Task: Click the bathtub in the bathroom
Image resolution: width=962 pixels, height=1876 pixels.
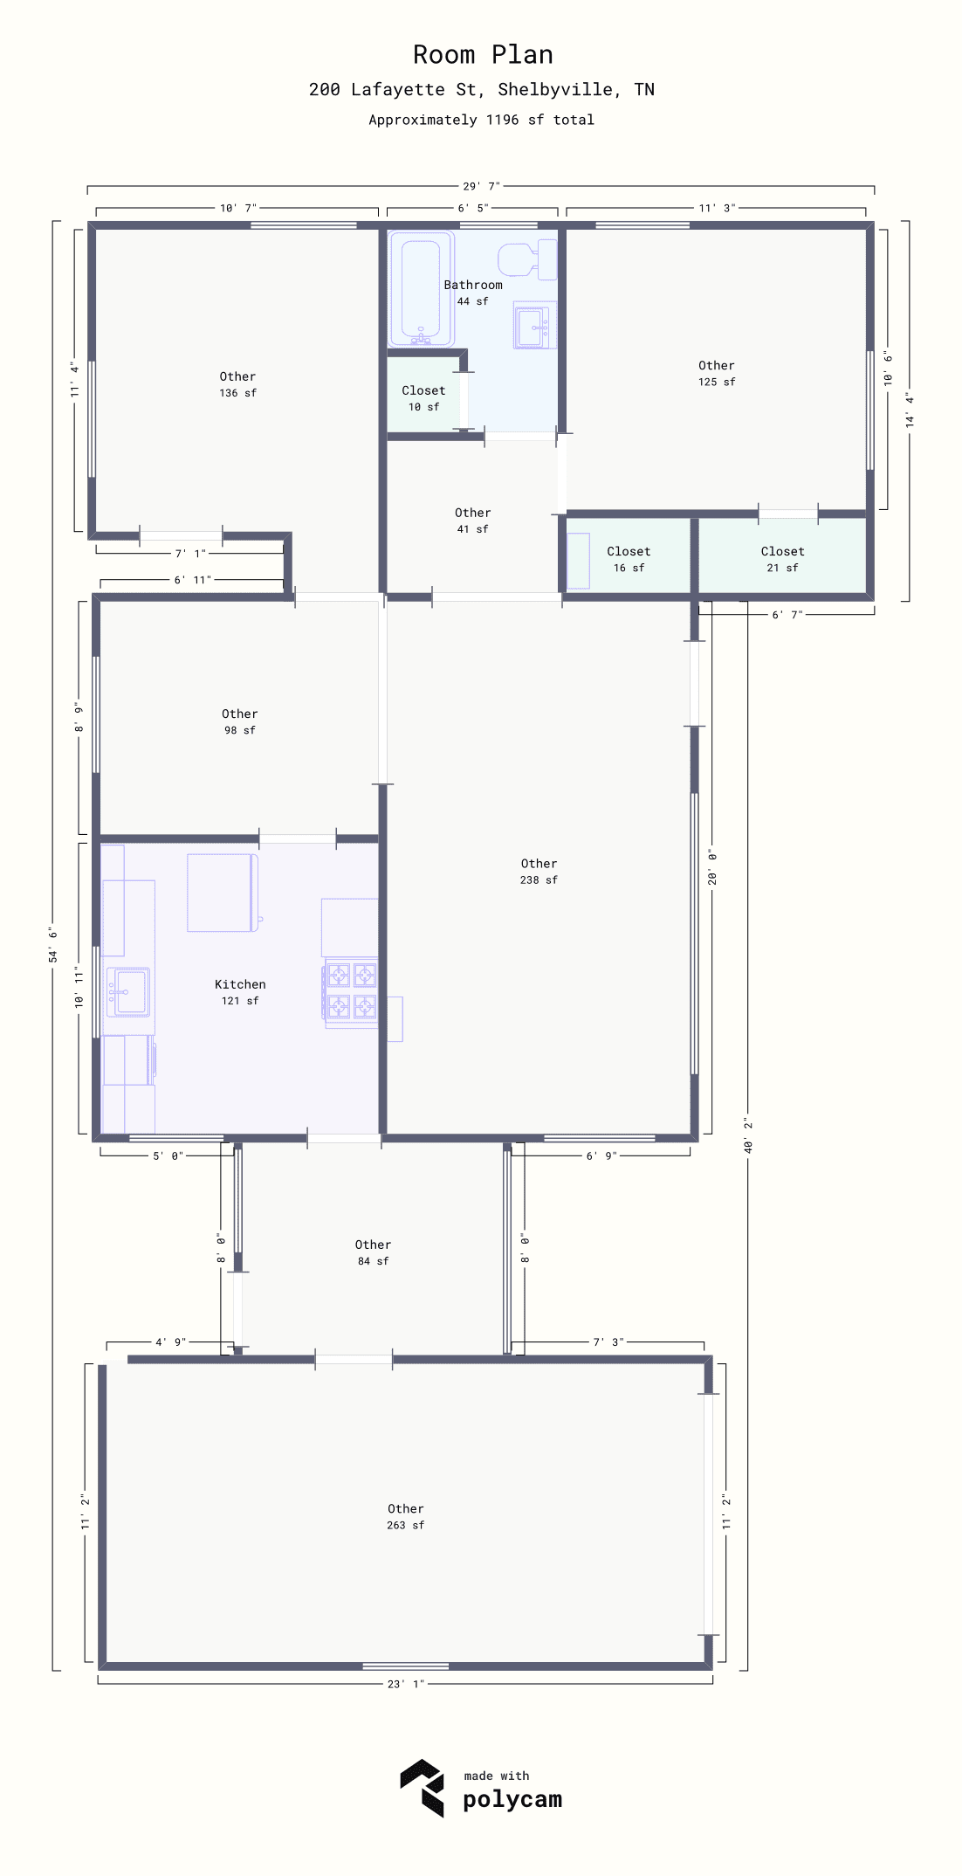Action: pos(421,289)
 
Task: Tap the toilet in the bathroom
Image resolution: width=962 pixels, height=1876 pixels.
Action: pos(527,259)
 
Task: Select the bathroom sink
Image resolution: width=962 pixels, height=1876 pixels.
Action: pos(535,325)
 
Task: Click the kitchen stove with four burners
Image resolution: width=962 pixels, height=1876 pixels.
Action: pos(351,992)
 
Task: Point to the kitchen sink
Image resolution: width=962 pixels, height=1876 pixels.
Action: pos(128,992)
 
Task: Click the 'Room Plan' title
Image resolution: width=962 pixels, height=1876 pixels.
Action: pos(483,55)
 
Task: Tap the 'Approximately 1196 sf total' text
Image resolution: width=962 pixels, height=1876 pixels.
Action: pos(481,120)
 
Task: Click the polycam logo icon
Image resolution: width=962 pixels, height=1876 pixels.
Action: pos(423,1788)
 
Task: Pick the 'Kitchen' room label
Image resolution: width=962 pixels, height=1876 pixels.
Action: pos(240,984)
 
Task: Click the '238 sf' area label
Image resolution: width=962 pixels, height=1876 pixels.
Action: pos(539,880)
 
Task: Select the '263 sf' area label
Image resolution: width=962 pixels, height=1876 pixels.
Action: pos(406,1526)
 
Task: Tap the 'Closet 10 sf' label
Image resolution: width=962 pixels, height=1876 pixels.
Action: pos(423,398)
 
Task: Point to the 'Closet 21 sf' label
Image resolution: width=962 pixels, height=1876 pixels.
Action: pos(782,559)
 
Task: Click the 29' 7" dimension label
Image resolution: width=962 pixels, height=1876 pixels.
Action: pos(482,186)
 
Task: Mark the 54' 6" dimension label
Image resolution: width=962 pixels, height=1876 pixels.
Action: pos(53,945)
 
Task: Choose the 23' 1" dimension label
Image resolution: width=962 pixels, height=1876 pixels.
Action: pos(406,1685)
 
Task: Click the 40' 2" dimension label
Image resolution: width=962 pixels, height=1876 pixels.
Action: pos(748,1135)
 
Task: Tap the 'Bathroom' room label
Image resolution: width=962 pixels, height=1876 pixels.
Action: pos(473,285)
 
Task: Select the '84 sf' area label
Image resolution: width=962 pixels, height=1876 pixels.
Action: pos(373,1261)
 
